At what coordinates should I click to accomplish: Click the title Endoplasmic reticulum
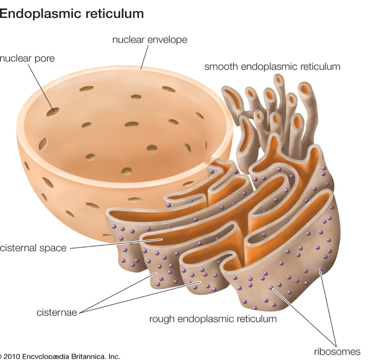[x=71, y=14]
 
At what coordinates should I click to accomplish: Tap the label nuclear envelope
[x=150, y=40]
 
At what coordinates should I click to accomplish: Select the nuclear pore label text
[x=27, y=58]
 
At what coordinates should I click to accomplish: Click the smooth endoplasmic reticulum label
[x=272, y=67]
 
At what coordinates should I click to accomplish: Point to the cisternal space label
[x=33, y=248]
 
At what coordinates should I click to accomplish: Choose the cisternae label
[x=57, y=312]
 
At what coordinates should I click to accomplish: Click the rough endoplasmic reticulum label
[x=213, y=318]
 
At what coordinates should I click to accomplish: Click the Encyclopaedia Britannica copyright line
[x=60, y=356]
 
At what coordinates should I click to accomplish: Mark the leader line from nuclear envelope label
[x=144, y=57]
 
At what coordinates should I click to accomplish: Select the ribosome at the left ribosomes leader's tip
[x=271, y=287]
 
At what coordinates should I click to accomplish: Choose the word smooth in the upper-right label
[x=221, y=67]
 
